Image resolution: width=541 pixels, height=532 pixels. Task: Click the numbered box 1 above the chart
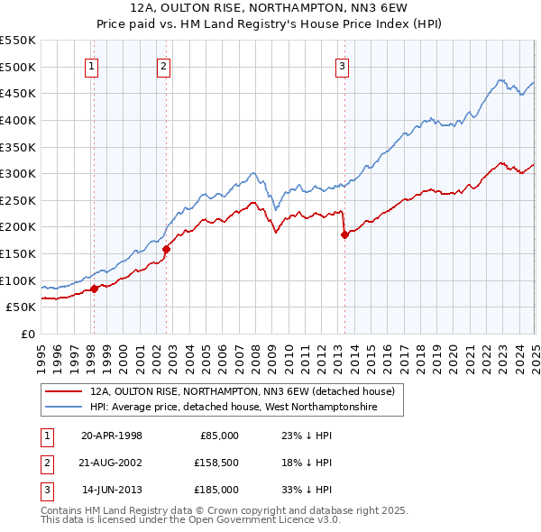point(93,65)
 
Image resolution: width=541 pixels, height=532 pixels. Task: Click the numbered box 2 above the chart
point(163,65)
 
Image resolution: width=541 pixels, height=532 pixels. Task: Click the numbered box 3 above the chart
point(343,65)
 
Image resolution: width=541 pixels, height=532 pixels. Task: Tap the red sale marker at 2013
point(344,234)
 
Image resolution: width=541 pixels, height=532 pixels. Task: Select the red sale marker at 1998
point(94,289)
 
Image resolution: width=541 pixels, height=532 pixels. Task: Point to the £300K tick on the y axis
point(20,173)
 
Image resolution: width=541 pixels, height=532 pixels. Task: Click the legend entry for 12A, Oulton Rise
point(242,392)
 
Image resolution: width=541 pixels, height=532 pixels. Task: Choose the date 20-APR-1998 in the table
point(112,436)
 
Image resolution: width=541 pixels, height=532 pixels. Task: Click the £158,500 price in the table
point(215,463)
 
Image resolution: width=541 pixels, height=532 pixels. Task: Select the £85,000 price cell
point(218,436)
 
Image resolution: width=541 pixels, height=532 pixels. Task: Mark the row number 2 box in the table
point(45,463)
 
